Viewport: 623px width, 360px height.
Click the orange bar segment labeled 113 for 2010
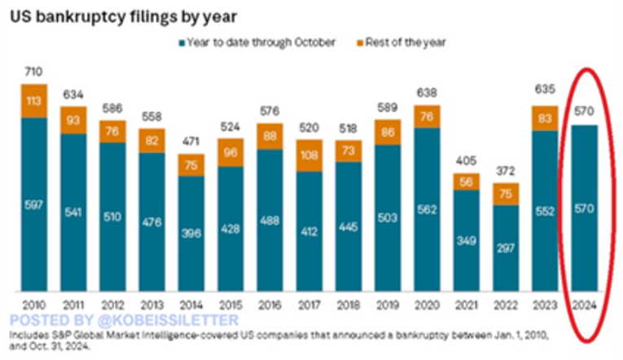(x=33, y=101)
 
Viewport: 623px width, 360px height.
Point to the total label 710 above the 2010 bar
(x=33, y=72)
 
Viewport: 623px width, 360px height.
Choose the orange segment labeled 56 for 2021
(x=465, y=182)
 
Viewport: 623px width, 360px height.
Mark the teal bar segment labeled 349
(x=465, y=242)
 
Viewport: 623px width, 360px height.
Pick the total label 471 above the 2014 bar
(x=190, y=141)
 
